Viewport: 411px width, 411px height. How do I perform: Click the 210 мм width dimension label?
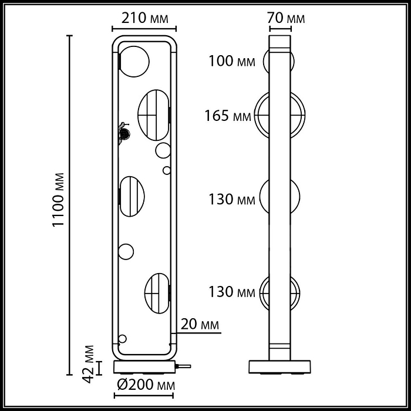(144, 18)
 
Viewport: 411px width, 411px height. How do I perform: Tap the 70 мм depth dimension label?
(287, 18)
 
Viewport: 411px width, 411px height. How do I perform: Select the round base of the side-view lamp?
(279, 366)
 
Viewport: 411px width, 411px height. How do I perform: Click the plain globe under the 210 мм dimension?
(134, 59)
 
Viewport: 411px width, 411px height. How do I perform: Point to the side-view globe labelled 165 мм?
(279, 116)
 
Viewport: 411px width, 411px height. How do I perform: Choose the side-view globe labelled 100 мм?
(279, 61)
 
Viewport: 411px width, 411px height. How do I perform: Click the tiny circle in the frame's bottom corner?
(123, 339)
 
